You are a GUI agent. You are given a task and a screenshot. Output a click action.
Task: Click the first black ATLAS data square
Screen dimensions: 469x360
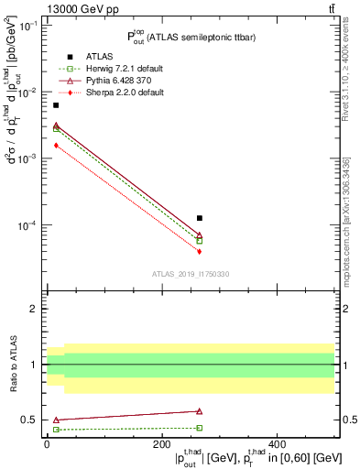pyautogui.click(x=56, y=105)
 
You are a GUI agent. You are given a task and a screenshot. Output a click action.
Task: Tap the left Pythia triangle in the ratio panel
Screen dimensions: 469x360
pyautogui.click(x=56, y=420)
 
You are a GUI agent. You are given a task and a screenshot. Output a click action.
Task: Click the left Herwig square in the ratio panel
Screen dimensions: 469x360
pyautogui.click(x=56, y=430)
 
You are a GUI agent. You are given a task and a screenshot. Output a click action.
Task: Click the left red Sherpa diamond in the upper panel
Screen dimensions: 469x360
pyautogui.click(x=56, y=145)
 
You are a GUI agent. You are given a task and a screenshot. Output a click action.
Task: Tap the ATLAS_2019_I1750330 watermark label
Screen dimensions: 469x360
pyautogui.click(x=191, y=274)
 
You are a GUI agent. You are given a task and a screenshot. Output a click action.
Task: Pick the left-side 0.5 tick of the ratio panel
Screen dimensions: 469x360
pyautogui.click(x=33, y=420)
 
